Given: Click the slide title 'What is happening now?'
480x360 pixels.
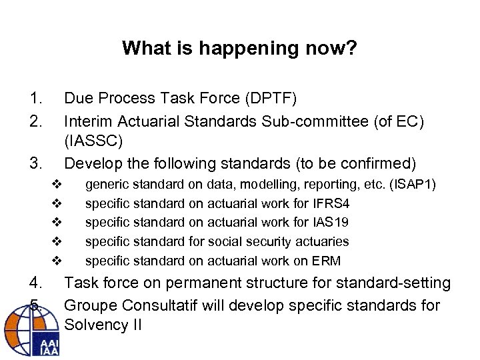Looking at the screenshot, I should [239, 48].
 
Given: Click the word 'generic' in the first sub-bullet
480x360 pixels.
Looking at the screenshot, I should [108, 183].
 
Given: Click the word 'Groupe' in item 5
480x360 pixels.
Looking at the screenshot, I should [90, 305].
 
